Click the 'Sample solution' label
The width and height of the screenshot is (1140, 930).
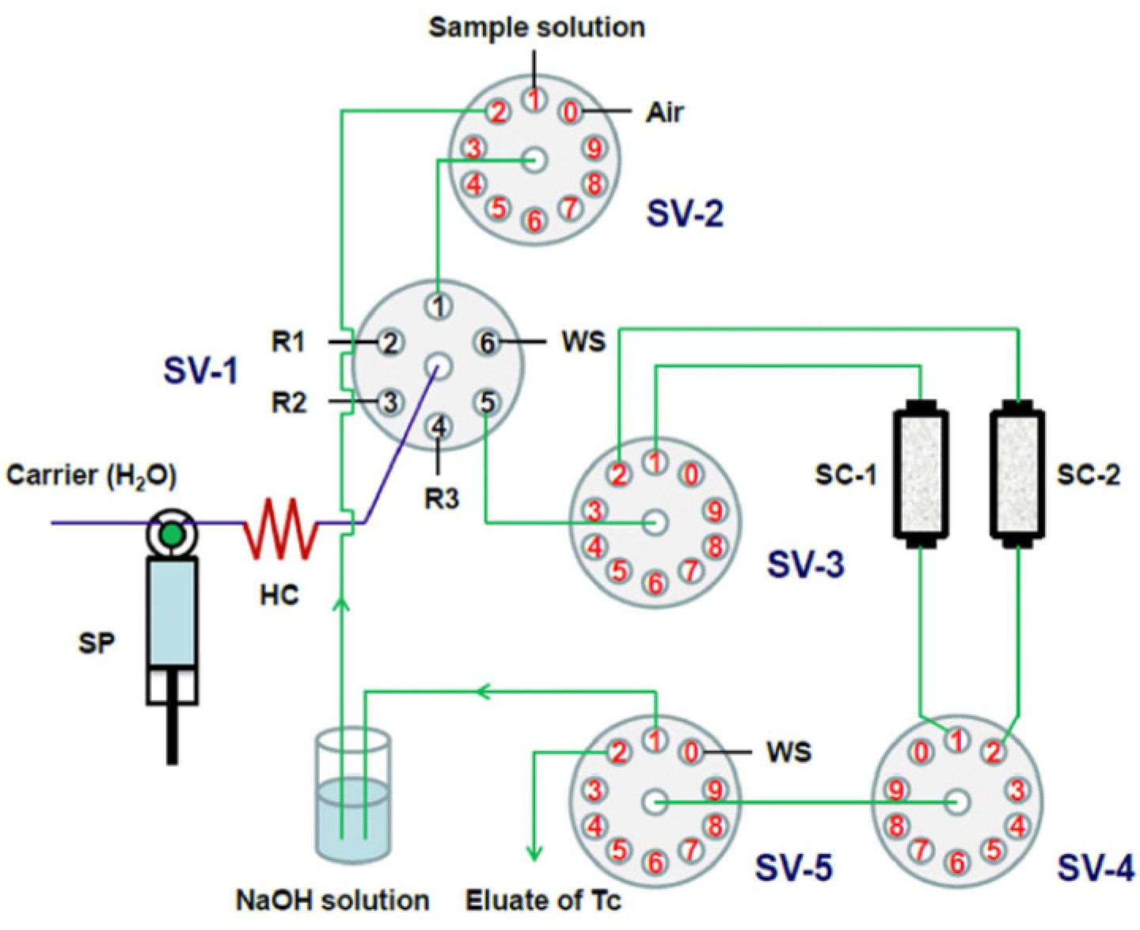click(x=536, y=27)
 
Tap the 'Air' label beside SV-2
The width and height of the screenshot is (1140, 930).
click(x=663, y=112)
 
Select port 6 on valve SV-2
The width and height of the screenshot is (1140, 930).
click(x=534, y=221)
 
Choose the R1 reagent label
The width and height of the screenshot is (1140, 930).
click(x=288, y=343)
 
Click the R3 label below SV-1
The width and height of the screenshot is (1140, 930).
click(x=440, y=499)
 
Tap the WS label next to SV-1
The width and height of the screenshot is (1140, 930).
click(x=583, y=342)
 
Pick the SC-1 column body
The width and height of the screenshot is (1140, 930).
click(x=920, y=475)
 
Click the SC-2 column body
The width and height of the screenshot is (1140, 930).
click(x=1017, y=475)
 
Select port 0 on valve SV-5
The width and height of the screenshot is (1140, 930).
click(x=692, y=751)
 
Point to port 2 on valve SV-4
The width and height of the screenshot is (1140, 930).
click(x=994, y=750)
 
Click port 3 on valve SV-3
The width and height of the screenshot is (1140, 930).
click(x=595, y=511)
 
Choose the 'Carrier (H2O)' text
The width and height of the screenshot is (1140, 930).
click(x=91, y=475)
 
